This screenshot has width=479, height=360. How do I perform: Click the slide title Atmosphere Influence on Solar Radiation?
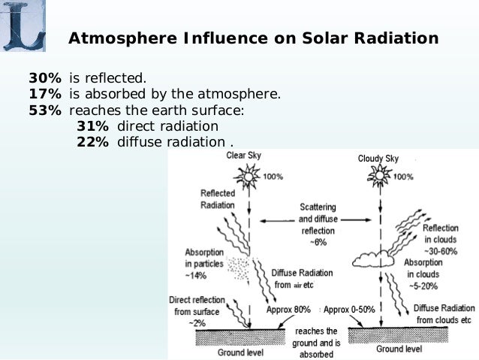(x=253, y=38)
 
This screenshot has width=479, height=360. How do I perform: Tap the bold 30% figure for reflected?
(x=44, y=78)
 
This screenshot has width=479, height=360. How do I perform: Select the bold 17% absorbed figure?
(x=44, y=95)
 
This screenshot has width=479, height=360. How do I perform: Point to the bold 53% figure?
(x=44, y=110)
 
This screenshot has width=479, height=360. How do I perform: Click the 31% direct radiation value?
(x=92, y=126)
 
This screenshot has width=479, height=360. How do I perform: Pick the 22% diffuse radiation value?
(x=92, y=142)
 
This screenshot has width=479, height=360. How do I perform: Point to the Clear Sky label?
(x=244, y=156)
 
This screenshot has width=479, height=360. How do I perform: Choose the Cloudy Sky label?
(x=378, y=159)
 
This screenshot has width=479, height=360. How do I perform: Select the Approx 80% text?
(x=288, y=310)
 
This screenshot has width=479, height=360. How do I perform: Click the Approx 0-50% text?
(x=349, y=310)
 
